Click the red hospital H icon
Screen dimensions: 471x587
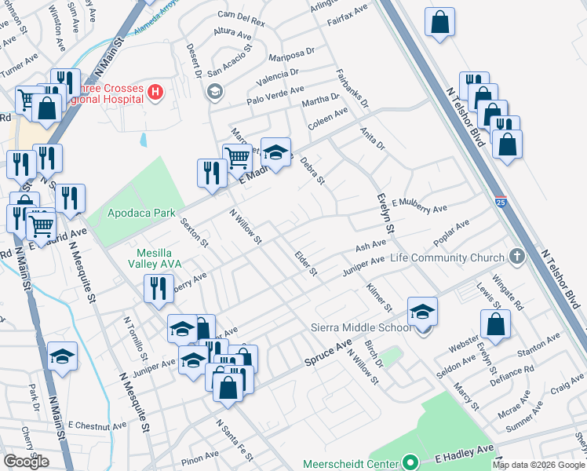point(155,93)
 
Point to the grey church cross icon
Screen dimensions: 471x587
point(516,257)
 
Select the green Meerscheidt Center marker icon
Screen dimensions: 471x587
point(409,463)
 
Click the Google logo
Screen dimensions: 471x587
point(26,462)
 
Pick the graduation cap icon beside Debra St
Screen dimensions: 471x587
point(275,151)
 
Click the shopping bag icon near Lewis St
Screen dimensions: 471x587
point(495,323)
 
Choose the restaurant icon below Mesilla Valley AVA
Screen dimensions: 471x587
point(159,288)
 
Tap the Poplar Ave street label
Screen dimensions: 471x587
point(451,233)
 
